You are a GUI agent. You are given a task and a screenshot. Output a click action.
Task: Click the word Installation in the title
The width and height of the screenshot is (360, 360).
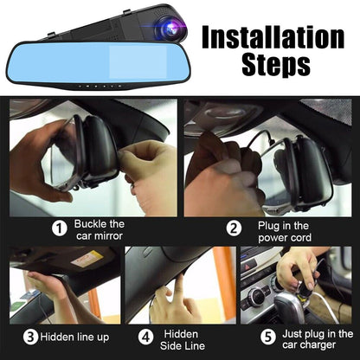click(273, 37)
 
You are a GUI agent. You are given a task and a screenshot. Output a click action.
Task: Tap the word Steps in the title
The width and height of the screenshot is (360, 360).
click(276, 64)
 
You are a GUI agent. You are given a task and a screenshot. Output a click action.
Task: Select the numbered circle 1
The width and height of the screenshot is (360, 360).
click(60, 228)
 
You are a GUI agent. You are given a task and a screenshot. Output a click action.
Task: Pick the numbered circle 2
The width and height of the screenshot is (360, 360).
click(234, 228)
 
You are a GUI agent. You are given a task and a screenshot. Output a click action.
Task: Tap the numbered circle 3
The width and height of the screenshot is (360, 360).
click(30, 337)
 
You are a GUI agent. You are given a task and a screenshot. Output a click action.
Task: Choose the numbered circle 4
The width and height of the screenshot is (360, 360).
click(145, 337)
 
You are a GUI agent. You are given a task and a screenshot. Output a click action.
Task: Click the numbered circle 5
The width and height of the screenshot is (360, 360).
click(268, 337)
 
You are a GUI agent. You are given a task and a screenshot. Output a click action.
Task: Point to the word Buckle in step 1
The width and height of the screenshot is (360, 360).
click(90, 224)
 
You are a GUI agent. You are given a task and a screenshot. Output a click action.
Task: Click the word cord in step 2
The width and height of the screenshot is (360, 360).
click(300, 238)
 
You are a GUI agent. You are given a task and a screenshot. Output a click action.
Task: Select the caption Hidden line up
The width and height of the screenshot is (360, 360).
click(74, 337)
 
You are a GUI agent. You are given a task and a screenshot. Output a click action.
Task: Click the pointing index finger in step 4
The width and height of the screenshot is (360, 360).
click(179, 285)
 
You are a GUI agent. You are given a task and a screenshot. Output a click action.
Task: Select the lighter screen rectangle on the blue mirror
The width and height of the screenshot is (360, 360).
click(138, 61)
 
